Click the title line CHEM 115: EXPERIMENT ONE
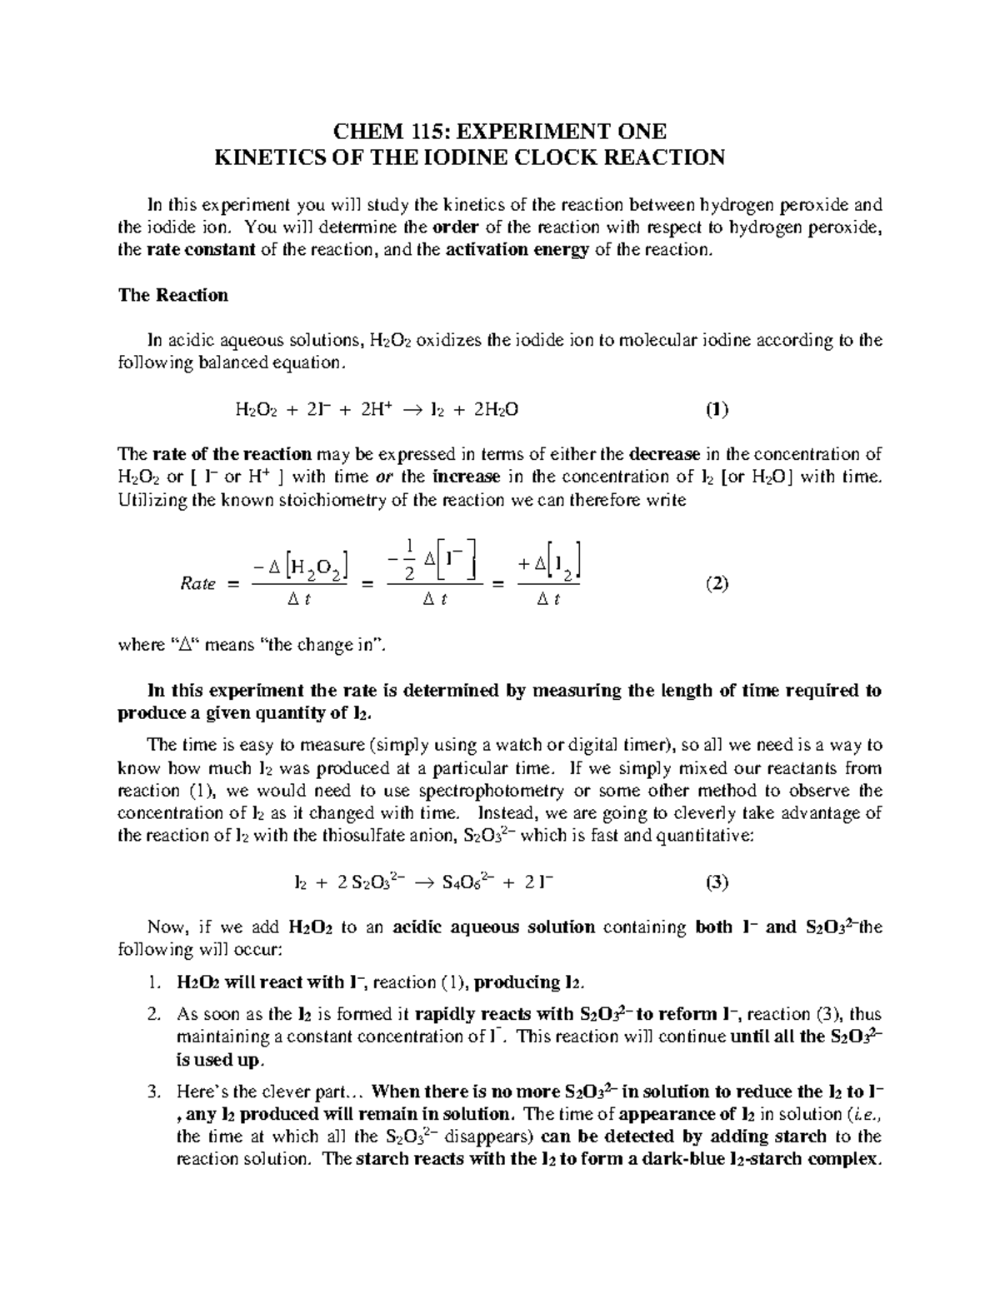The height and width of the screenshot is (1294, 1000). click(500, 132)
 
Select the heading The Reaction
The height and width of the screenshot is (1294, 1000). click(172, 295)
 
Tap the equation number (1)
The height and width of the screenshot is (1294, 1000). click(717, 409)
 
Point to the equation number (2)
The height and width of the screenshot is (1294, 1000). click(717, 583)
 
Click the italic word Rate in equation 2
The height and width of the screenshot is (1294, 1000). click(197, 584)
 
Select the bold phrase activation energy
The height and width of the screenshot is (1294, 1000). click(519, 250)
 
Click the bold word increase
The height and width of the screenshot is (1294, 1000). click(467, 477)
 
